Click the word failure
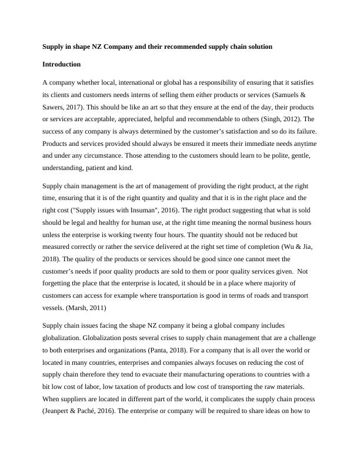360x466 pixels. (x=304, y=132)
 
